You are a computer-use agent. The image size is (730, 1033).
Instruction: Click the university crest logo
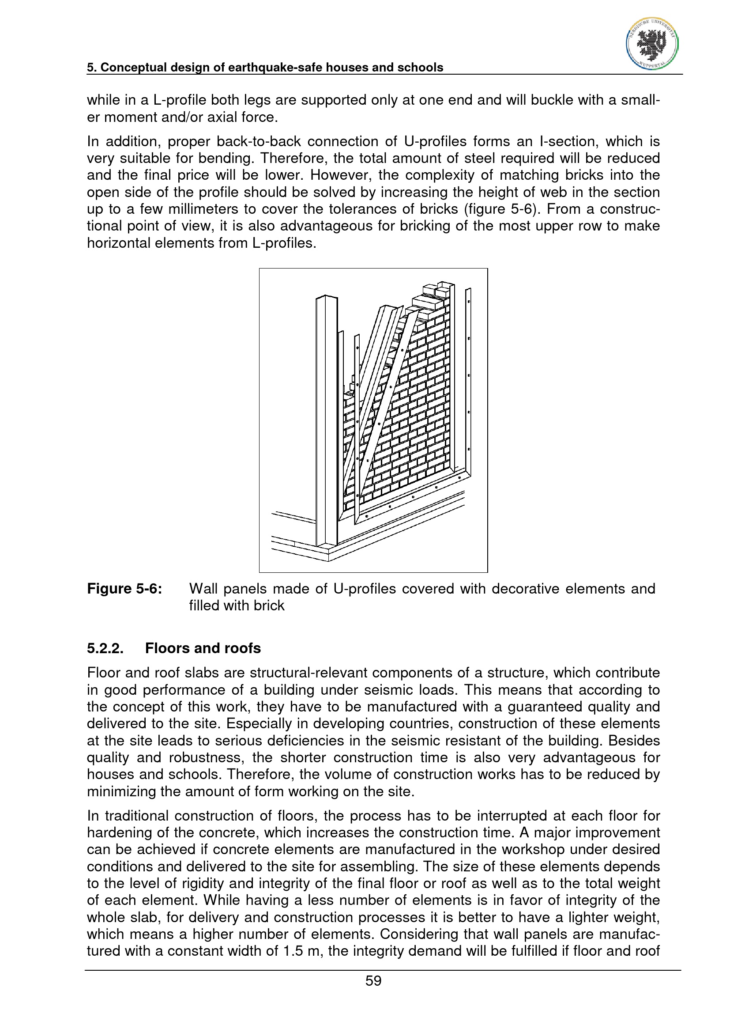(x=652, y=44)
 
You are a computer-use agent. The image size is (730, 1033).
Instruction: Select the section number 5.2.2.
(x=105, y=648)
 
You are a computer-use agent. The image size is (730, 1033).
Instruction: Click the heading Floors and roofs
(x=203, y=648)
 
